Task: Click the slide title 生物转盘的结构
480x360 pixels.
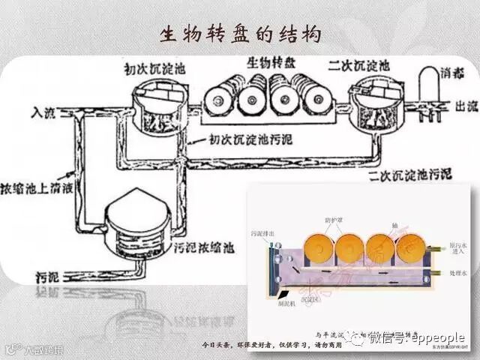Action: pyautogui.click(x=240, y=34)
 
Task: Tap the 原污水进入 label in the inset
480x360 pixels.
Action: pyautogui.click(x=456, y=248)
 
